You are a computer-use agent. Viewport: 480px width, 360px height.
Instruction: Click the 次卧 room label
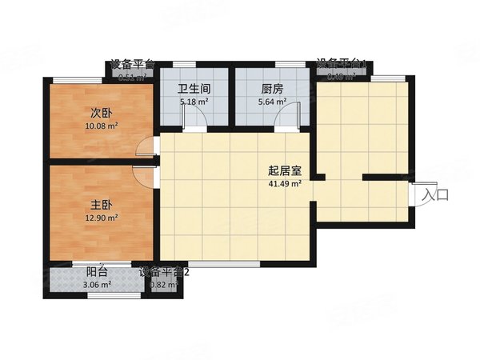click(x=101, y=113)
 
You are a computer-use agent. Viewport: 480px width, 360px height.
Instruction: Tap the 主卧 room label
click(x=101, y=205)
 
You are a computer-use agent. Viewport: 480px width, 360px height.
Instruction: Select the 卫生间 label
click(x=194, y=90)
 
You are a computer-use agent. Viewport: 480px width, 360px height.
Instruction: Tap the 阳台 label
click(x=98, y=272)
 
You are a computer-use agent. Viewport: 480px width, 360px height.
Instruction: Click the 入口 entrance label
click(x=436, y=194)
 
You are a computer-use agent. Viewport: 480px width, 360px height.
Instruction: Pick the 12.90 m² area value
click(x=101, y=217)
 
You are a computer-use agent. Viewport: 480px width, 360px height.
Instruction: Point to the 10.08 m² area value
click(x=101, y=126)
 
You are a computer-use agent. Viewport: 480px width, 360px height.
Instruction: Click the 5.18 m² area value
click(x=194, y=102)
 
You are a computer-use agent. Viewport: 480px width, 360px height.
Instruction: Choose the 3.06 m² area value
click(x=98, y=284)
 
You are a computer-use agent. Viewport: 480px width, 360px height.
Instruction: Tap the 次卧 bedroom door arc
click(x=146, y=146)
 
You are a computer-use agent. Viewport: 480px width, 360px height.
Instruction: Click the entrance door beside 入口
click(x=414, y=194)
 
